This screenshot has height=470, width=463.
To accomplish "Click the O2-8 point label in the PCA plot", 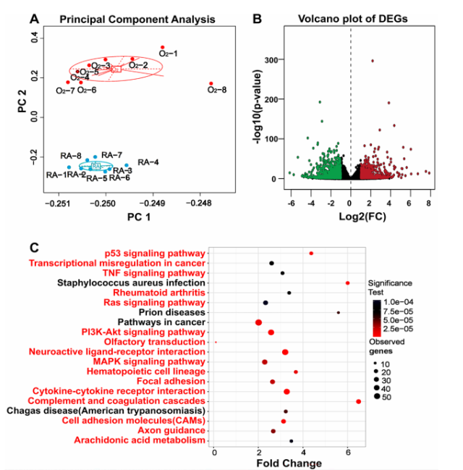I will pyautogui.click(x=217, y=91).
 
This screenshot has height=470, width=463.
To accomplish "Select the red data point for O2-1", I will pyautogui.click(x=163, y=47).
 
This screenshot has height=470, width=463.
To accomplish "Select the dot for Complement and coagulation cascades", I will pyautogui.click(x=359, y=400).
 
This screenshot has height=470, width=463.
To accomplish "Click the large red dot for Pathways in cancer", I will pyautogui.click(x=258, y=322).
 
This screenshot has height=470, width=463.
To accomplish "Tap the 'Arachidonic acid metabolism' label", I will pyautogui.click(x=144, y=440).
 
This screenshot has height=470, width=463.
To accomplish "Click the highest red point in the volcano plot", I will pyautogui.click(x=373, y=61).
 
